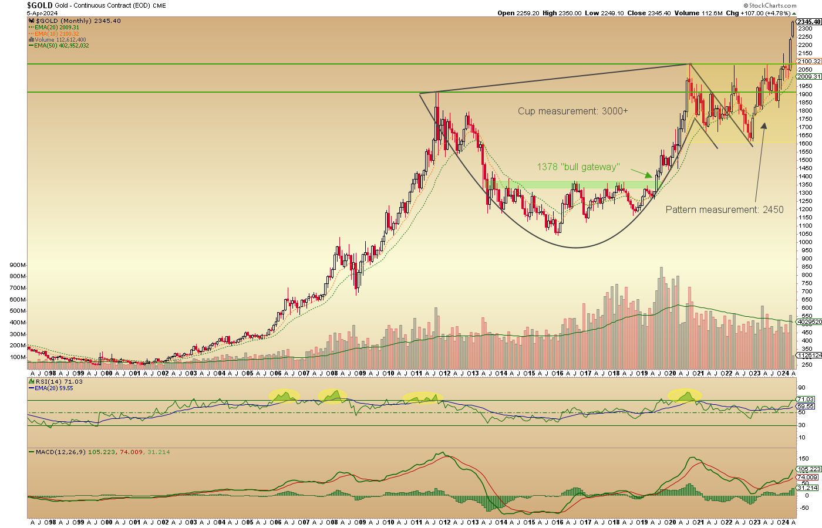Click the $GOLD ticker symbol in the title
(x=40, y=5)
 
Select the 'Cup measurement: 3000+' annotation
(x=572, y=111)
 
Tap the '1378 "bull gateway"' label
(x=578, y=167)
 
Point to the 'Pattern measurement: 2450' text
(x=724, y=209)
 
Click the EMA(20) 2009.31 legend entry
(x=56, y=28)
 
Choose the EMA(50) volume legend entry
(x=61, y=45)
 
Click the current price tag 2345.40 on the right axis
(x=808, y=22)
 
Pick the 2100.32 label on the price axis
(x=808, y=62)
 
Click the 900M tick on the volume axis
(x=18, y=265)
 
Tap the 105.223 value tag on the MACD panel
(x=808, y=469)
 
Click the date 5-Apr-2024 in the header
(x=43, y=13)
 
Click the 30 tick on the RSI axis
(x=801, y=425)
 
